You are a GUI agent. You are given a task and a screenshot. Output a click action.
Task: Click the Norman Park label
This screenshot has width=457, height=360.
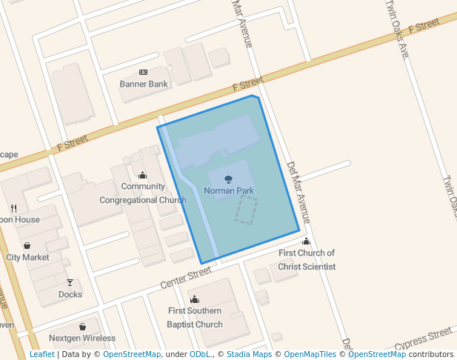point(229,191)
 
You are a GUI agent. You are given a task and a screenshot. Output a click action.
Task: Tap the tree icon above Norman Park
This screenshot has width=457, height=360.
point(229,179)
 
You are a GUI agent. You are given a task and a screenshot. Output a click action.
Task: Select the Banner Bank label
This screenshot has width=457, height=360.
point(144,84)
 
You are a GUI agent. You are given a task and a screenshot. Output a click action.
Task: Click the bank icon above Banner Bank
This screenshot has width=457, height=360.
point(144,72)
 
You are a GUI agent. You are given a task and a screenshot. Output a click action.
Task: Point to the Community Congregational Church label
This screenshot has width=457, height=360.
point(143,193)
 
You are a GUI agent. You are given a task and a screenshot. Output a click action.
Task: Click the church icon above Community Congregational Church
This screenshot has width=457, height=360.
point(143,176)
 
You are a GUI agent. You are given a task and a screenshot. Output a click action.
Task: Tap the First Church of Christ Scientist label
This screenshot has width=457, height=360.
point(307,259)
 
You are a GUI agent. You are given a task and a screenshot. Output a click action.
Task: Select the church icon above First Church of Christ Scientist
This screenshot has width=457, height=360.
point(307,241)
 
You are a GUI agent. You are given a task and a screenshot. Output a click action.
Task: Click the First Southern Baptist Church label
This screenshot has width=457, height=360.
point(195,317)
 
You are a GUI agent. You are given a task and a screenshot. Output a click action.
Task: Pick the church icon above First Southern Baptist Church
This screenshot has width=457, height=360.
point(195,299)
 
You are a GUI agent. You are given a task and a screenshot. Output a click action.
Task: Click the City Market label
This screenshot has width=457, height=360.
point(27,257)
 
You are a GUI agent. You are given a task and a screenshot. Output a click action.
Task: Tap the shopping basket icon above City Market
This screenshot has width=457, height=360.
point(27,245)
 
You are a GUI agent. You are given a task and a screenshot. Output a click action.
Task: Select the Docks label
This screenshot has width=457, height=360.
point(70,294)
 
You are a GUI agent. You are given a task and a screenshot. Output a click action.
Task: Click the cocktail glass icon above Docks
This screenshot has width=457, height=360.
point(70,282)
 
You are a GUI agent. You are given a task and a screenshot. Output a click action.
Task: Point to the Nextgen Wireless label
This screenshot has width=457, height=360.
point(83,339)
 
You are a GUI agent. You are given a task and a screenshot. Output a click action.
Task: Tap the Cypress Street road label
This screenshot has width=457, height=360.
point(423,340)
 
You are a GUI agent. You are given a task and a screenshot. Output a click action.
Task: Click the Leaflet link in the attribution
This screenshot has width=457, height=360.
point(41,355)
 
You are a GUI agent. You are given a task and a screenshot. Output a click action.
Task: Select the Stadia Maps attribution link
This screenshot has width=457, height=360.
point(249,355)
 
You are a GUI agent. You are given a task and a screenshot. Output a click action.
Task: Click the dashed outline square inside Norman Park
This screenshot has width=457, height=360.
point(247,210)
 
